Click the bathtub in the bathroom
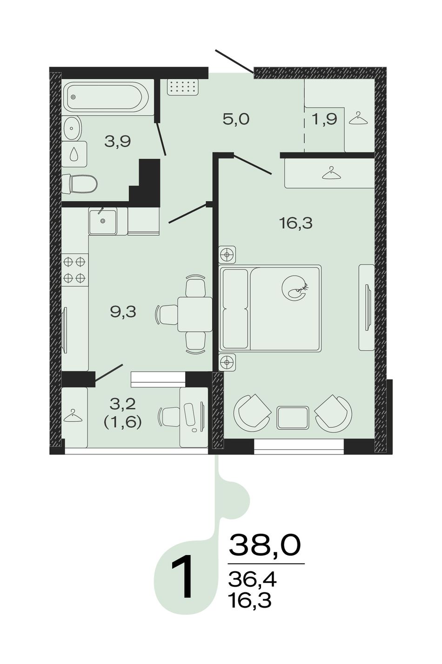tap(107, 97)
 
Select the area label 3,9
tap(118, 142)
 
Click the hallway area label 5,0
tap(236, 119)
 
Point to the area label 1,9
tap(325, 119)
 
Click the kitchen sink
tap(102, 221)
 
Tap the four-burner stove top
tap(75, 270)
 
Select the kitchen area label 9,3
tap(123, 312)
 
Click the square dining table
tap(195, 314)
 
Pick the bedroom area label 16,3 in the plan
tap(295, 223)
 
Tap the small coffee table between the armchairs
tap(293, 418)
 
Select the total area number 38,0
tap(265, 545)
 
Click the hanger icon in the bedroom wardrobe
tap(331, 173)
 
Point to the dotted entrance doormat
tap(182, 87)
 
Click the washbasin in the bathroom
tap(72, 128)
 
